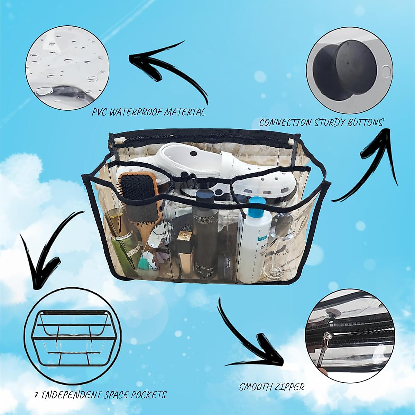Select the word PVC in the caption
pos(99,112)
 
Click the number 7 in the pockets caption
pos(36,395)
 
